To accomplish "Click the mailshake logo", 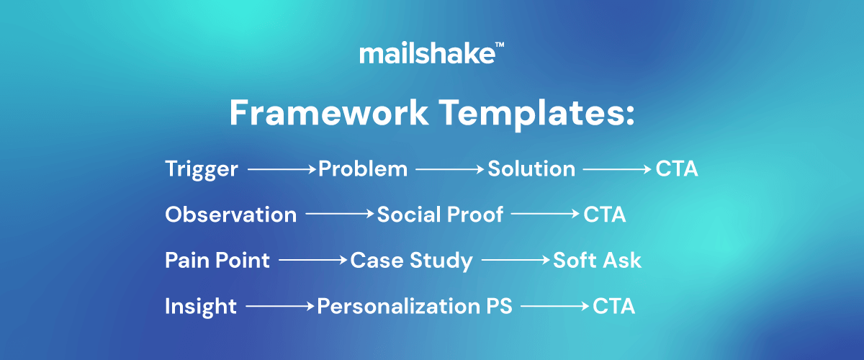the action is [x=431, y=53].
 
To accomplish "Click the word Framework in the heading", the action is [x=328, y=112].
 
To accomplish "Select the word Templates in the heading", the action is [x=537, y=114].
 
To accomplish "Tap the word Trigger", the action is [x=202, y=170].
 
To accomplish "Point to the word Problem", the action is [x=363, y=169].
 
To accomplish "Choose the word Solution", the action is [x=531, y=169].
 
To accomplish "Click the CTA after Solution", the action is [x=677, y=169].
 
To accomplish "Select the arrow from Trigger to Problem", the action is [x=282, y=169].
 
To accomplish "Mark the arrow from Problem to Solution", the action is [x=450, y=169].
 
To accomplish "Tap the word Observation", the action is [x=230, y=215].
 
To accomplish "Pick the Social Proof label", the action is [x=440, y=215].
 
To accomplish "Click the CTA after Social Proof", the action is [x=604, y=215].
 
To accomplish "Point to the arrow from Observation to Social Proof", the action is [x=340, y=213].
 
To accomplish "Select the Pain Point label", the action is [x=217, y=260].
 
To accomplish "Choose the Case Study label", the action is [x=411, y=261].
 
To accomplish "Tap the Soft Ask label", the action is [x=597, y=260].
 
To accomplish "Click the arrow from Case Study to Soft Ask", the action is [x=516, y=260].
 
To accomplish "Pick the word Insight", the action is [x=201, y=307].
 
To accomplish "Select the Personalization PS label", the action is [x=415, y=306].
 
